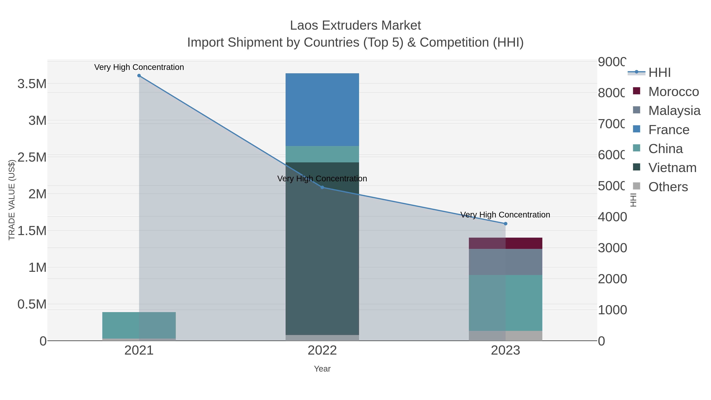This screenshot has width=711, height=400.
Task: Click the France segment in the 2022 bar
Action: (x=322, y=110)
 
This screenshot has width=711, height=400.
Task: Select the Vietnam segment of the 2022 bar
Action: (x=322, y=248)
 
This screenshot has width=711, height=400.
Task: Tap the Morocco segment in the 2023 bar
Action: (x=505, y=243)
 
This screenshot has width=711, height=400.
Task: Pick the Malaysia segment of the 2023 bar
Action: (x=505, y=262)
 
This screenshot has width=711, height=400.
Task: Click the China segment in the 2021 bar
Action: (x=139, y=325)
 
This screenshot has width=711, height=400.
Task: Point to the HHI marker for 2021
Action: (x=139, y=76)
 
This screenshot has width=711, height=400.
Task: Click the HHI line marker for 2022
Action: (x=322, y=187)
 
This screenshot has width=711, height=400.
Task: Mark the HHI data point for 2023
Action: (x=505, y=224)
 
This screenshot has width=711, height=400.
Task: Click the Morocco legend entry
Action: (x=668, y=92)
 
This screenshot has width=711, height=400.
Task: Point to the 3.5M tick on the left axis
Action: (x=32, y=84)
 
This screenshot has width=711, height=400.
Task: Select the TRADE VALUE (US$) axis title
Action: (x=12, y=200)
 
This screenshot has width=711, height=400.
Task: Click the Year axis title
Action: (x=322, y=369)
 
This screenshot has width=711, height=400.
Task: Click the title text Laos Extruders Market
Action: (x=355, y=25)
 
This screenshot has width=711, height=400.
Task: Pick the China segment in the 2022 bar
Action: (x=322, y=154)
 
